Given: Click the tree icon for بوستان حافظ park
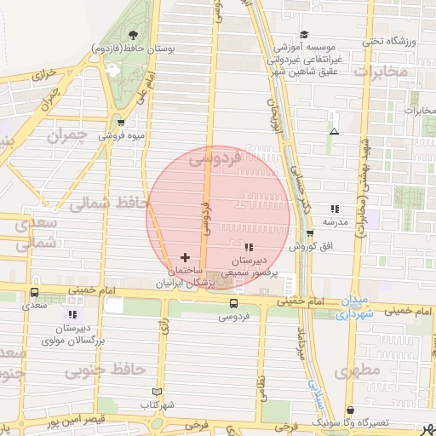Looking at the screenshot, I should pyautogui.click(x=133, y=36).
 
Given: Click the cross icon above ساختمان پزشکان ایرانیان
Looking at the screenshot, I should pyautogui.click(x=185, y=257).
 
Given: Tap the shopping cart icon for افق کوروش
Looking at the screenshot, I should pyautogui.click(x=310, y=232).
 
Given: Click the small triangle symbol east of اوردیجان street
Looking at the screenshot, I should pyautogui.click(x=334, y=131).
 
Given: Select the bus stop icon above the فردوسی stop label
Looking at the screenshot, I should pyautogui.click(x=233, y=302).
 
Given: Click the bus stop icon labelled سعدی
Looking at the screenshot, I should pyautogui.click(x=34, y=290).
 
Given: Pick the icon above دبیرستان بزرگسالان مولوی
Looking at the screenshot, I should pyautogui.click(x=72, y=314).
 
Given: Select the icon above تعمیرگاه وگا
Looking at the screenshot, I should pyautogui.click(x=350, y=410).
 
